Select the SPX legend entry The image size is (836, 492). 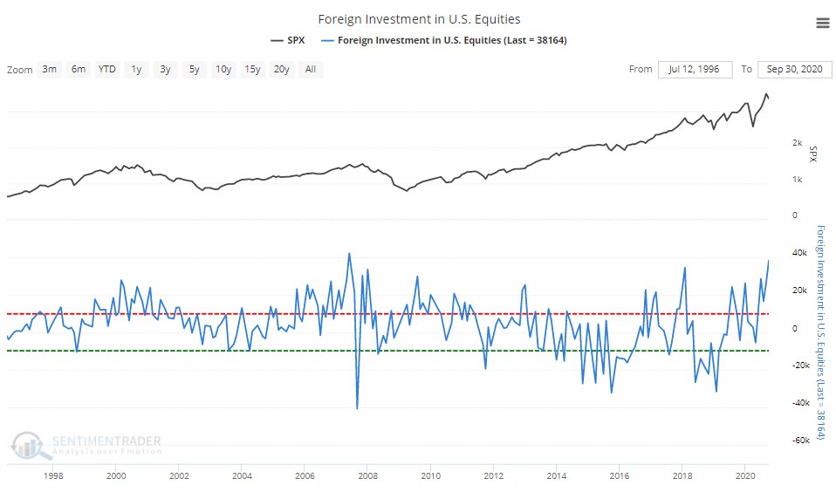[289, 40]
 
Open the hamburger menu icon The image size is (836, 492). [822, 24]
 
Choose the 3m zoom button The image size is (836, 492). [50, 69]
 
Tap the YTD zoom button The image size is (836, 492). [106, 69]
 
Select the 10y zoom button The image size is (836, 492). [223, 69]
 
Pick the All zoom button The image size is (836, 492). [310, 69]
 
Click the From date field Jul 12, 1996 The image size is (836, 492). [694, 69]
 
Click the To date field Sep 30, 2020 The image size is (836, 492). [794, 69]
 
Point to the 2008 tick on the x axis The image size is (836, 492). [367, 477]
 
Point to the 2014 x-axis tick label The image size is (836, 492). [557, 477]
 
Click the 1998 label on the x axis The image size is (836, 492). [52, 477]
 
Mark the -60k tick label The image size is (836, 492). [794, 441]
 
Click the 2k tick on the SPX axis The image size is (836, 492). [797, 142]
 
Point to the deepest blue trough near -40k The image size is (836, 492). [357, 407]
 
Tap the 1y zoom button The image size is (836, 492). [136, 69]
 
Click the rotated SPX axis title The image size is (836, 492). [813, 154]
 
